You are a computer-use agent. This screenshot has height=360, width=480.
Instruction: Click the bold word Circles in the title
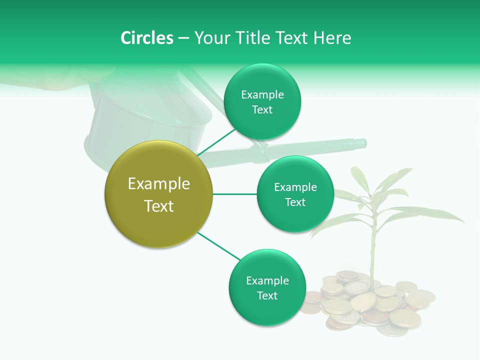coord(147,38)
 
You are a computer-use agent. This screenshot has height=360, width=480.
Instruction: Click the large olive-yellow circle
coord(158,194)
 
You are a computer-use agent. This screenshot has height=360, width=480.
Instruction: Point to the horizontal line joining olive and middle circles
coord(235,194)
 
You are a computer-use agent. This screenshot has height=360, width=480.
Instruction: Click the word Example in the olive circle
coord(158,184)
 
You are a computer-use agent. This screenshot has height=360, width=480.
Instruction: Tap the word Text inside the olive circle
coord(158,206)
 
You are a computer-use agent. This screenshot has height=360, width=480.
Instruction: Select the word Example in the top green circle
coord(262,95)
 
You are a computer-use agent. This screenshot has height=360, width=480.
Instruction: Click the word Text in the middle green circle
coord(295,202)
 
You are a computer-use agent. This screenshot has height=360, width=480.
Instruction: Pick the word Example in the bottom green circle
coord(267,281)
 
